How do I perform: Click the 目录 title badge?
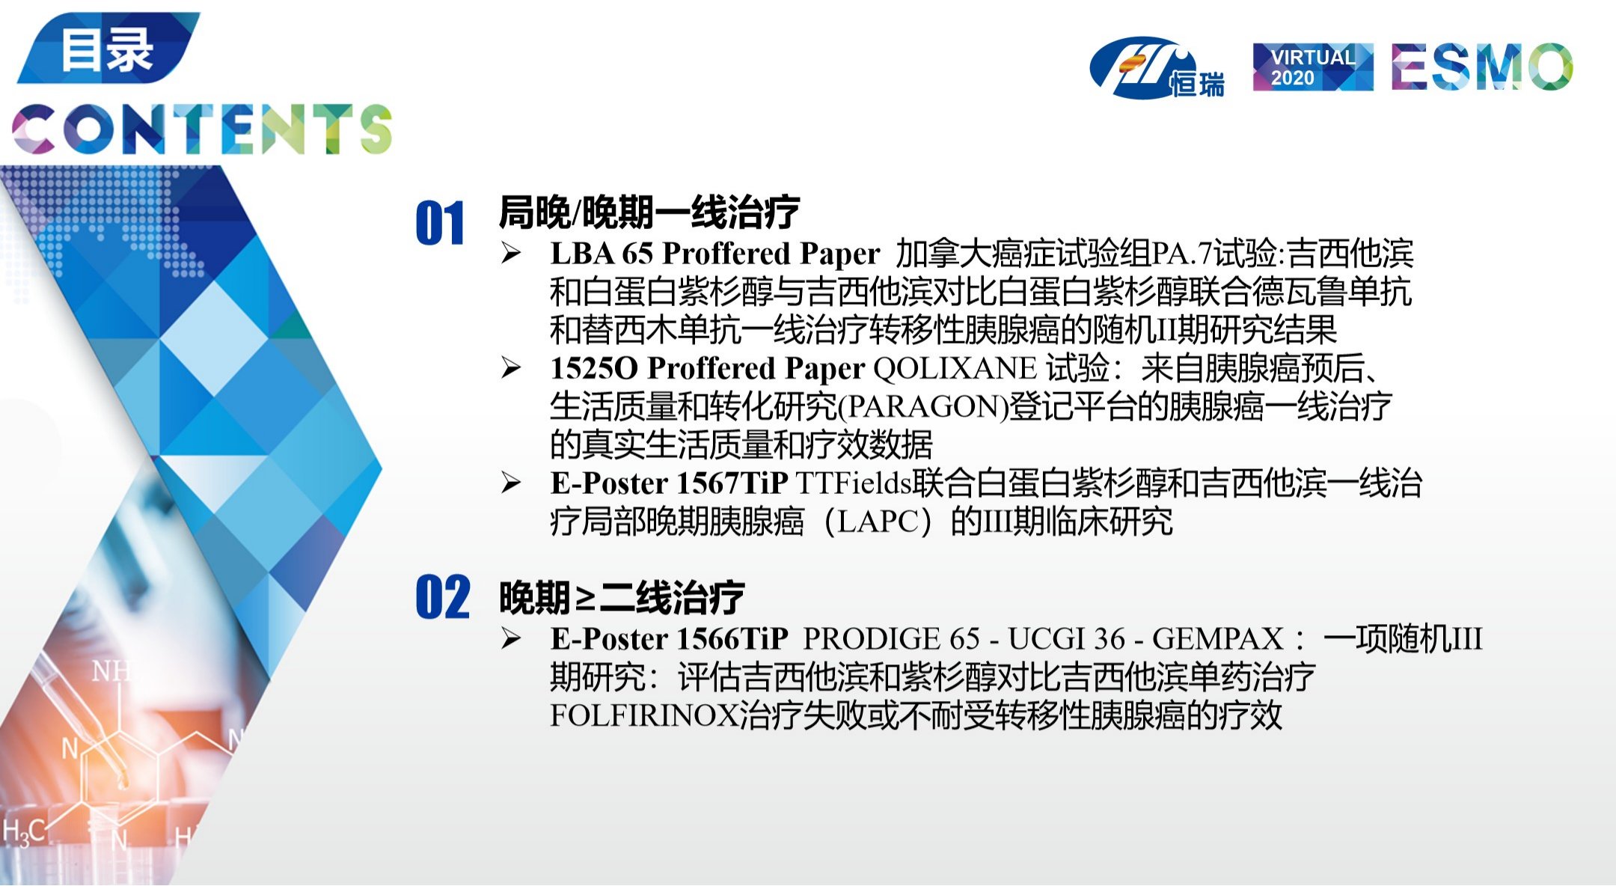[108, 48]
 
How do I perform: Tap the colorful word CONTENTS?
[202, 129]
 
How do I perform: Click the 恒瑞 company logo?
[1157, 68]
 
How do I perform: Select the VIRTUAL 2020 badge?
[1313, 67]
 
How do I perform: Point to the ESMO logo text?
[1482, 67]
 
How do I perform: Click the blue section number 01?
[440, 223]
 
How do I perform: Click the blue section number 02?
[442, 597]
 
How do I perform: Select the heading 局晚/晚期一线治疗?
[649, 212]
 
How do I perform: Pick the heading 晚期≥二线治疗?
[622, 597]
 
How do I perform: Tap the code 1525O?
[594, 368]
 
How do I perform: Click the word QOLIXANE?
[955, 368]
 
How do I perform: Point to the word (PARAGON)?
[923, 407]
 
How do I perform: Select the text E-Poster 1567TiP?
[670, 483]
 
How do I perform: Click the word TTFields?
[854, 483]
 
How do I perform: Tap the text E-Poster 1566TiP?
[670, 639]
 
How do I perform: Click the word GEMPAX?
[1218, 639]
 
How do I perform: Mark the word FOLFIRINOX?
[644, 716]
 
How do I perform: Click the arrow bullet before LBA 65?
[512, 254]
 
